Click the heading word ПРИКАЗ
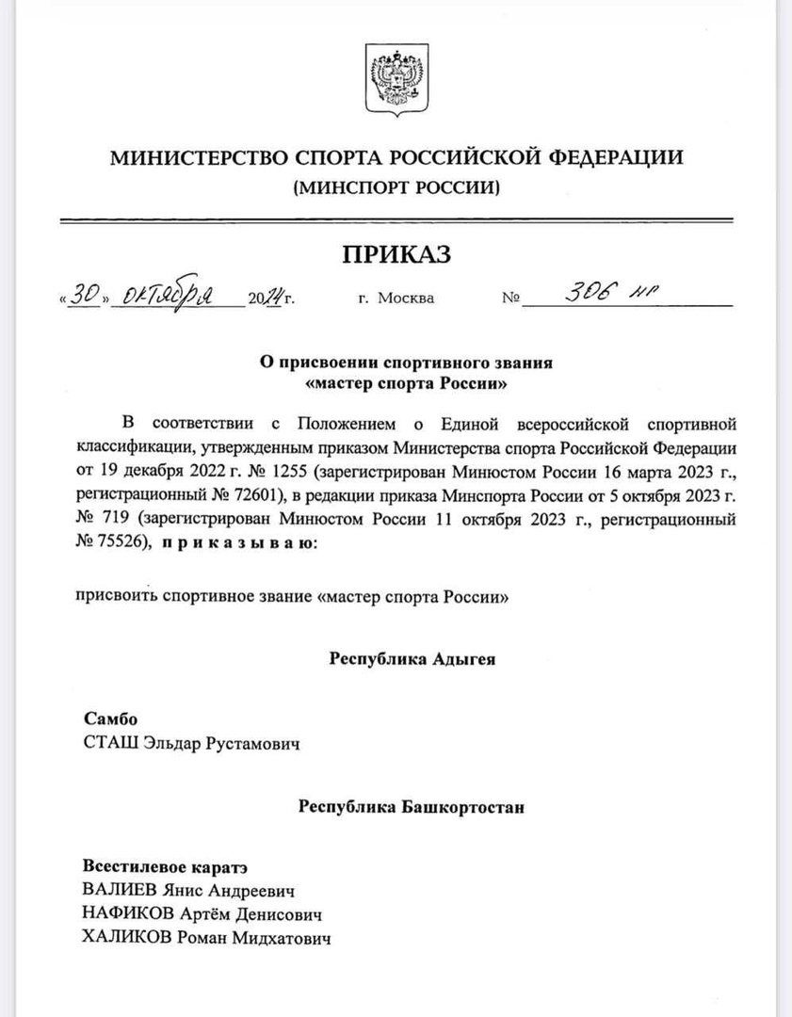(x=396, y=254)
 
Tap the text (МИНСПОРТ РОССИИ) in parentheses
(x=396, y=187)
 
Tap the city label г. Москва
(x=396, y=299)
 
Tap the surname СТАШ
(x=110, y=744)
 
